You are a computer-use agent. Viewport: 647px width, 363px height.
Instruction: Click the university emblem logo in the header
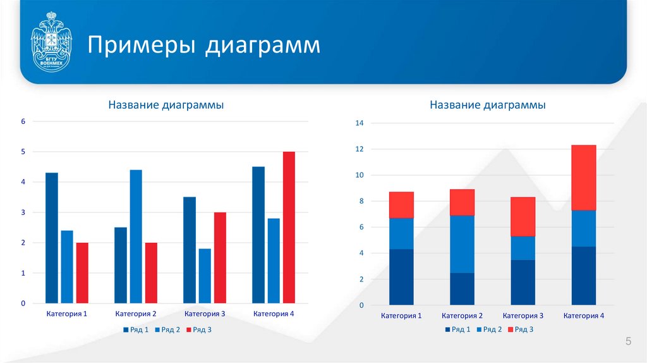tap(51, 42)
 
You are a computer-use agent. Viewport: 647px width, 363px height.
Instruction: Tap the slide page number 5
tap(628, 342)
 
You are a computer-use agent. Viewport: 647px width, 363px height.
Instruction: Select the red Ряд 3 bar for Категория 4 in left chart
tap(289, 228)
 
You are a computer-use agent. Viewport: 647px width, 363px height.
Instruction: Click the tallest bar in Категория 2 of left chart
tap(136, 237)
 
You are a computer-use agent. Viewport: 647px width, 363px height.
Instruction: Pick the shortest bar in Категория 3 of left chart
tap(205, 276)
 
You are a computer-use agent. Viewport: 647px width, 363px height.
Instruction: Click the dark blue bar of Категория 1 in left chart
tap(52, 238)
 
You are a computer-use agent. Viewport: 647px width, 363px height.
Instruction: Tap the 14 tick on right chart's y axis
tap(360, 123)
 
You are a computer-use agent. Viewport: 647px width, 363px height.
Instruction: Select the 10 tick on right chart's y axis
tap(360, 175)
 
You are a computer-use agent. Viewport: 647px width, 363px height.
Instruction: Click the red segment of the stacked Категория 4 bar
tap(583, 178)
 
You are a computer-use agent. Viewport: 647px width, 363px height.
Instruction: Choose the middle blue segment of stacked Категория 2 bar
tap(462, 244)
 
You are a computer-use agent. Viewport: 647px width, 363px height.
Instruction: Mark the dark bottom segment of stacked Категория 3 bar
tap(523, 282)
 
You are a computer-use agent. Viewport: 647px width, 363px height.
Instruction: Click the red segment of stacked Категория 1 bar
tap(401, 205)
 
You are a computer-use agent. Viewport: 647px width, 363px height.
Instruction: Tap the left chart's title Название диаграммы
tap(166, 105)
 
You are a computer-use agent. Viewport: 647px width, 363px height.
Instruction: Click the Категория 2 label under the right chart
tap(462, 316)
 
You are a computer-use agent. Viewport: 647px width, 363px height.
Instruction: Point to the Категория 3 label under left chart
tap(205, 314)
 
